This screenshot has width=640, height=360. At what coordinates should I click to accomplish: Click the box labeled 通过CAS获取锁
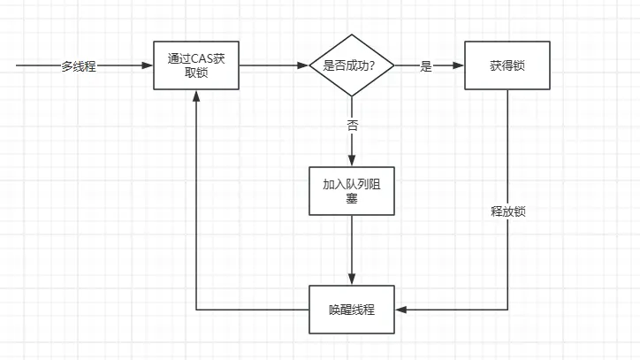pos(196,66)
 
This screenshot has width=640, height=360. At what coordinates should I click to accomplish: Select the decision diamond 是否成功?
pos(352,66)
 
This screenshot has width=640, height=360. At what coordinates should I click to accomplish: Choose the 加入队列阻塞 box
pos(352,190)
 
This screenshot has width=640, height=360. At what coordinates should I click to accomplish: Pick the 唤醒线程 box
pos(352,310)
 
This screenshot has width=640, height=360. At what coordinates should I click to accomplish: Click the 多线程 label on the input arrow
pos(79,66)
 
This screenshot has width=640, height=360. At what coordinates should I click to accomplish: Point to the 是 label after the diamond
pos(426,66)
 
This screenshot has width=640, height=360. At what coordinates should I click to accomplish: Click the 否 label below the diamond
pos(352,126)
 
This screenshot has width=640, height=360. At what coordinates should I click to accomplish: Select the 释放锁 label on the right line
pos(508,213)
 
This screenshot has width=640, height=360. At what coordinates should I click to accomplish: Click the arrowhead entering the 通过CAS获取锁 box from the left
pos(148,66)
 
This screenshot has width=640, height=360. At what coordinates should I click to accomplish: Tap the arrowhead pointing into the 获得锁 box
pos(459,66)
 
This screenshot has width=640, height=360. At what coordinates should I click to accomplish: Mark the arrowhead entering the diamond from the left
pos(303,66)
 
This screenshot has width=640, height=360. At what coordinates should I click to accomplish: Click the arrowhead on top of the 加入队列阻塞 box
pos(352,161)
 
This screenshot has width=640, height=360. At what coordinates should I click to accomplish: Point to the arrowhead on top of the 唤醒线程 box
pos(352,280)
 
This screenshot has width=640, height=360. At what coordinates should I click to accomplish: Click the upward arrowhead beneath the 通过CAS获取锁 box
pos(196,96)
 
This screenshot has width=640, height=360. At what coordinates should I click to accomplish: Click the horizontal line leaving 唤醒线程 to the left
pos(252,310)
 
